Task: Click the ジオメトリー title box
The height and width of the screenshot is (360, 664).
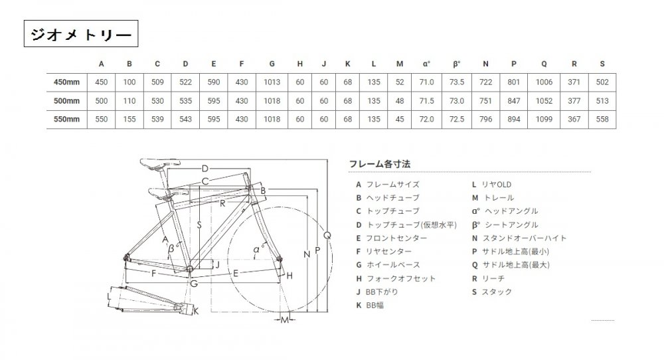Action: (81, 33)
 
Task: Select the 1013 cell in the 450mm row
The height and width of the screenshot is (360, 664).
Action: (272, 82)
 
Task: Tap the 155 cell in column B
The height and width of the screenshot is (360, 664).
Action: (129, 120)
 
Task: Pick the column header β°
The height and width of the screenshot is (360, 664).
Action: (457, 64)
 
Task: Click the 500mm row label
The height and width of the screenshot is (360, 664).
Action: (66, 101)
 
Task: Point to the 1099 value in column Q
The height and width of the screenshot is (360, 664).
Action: (544, 120)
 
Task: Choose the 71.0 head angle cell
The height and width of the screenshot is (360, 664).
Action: (426, 82)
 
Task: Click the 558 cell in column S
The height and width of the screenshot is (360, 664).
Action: (602, 120)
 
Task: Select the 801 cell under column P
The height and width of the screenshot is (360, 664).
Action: (514, 82)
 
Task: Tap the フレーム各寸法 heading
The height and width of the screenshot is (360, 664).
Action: (379, 164)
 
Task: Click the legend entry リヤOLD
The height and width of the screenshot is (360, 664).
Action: (491, 185)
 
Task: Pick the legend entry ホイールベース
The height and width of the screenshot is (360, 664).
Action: (388, 265)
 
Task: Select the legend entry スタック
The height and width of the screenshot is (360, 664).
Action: (492, 292)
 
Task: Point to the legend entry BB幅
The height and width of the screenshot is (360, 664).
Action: (370, 305)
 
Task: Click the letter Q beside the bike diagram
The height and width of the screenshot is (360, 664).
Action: (327, 236)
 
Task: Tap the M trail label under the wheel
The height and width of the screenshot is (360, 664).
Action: (285, 319)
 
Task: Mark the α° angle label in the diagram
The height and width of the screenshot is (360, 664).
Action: (258, 249)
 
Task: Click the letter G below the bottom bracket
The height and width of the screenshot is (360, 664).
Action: (194, 284)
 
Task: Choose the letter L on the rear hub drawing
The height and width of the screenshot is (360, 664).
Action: (110, 296)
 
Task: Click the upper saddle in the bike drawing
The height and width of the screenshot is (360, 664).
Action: (160, 162)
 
